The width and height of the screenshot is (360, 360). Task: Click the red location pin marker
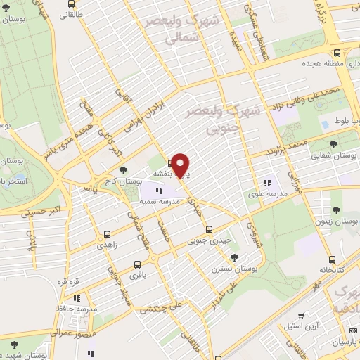click(x=181, y=165)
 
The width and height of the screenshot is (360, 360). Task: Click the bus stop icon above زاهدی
click(x=107, y=235)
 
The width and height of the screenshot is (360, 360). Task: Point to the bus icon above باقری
click(x=136, y=265)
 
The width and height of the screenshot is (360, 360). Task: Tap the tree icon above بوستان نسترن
click(x=233, y=257)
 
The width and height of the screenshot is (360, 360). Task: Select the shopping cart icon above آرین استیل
click(x=301, y=316)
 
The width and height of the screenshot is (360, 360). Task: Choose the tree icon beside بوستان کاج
click(x=124, y=170)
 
